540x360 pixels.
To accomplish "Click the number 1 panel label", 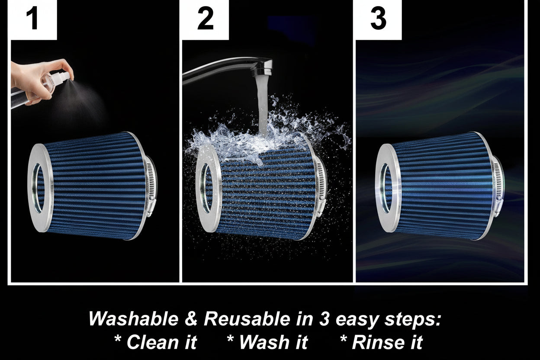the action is [32, 19].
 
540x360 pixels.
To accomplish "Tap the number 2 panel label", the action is [206, 18].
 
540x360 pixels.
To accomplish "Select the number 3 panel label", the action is [378, 18].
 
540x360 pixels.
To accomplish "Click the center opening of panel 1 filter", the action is [38, 188].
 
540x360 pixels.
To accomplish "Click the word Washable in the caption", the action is [134, 319].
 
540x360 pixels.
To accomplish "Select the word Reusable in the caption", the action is [247, 319].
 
